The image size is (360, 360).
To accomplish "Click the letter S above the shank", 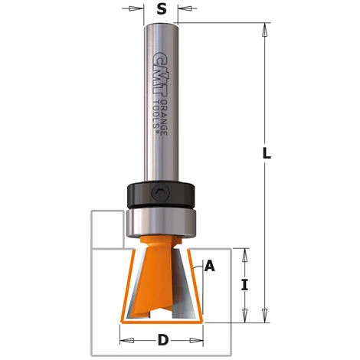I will [x=160, y=10].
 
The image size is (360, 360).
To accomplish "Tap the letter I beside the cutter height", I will [x=244, y=286].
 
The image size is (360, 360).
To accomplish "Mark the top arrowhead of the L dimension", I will [x=265, y=29].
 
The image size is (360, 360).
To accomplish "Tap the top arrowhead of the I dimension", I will [x=244, y=253].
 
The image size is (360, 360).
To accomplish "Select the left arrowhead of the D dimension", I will [x=123, y=338].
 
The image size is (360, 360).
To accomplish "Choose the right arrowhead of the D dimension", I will [x=198, y=338].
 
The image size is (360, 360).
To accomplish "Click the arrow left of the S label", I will [x=136, y=10].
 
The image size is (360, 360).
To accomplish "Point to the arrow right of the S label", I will [x=185, y=10].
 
